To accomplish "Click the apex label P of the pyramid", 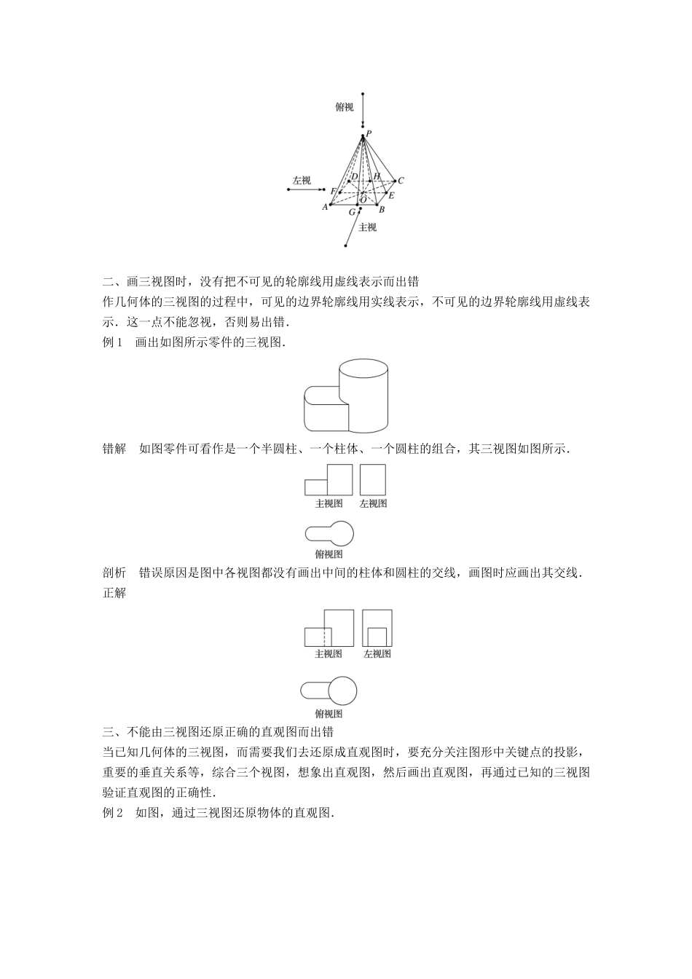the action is click(x=369, y=133).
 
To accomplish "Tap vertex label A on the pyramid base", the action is click(x=325, y=207).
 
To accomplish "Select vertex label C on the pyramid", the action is click(x=401, y=181).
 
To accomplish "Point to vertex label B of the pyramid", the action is click(x=382, y=209).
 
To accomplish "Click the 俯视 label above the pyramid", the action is click(x=345, y=107).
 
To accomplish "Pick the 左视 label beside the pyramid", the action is click(x=302, y=180).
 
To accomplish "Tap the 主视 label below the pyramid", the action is click(x=368, y=227).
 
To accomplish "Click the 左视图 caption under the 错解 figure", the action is click(x=373, y=503).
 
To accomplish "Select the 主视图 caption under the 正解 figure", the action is click(x=329, y=653).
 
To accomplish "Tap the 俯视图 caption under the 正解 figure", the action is click(x=329, y=714).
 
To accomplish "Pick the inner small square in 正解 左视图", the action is click(x=377, y=636).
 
